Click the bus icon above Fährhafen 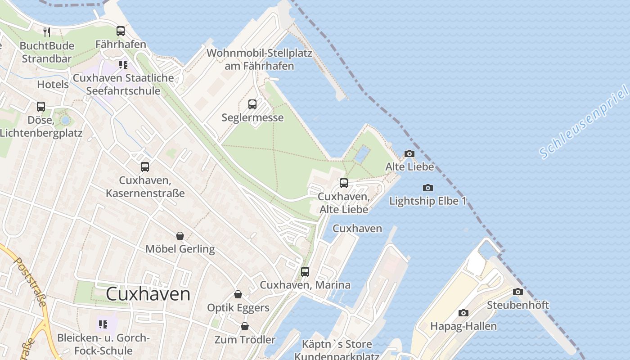[x=121, y=31]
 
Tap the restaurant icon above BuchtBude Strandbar [x=46, y=32]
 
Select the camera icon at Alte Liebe [x=409, y=154]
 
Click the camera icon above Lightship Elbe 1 [x=428, y=188]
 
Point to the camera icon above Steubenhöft [x=518, y=292]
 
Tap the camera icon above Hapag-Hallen [x=463, y=313]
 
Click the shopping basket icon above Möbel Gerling [x=180, y=236]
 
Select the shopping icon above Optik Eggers [x=238, y=295]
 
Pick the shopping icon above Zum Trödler [x=245, y=326]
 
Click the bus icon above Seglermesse [x=252, y=104]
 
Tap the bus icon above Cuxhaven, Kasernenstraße [x=145, y=167]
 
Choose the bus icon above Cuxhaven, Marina [x=305, y=272]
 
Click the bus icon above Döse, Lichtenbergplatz [x=41, y=107]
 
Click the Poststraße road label [x=31, y=281]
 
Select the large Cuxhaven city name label [x=148, y=294]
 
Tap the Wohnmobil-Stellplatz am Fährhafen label [x=259, y=59]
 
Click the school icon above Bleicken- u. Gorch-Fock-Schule [x=103, y=324]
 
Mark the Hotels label [x=53, y=84]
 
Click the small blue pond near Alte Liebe [x=362, y=154]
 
